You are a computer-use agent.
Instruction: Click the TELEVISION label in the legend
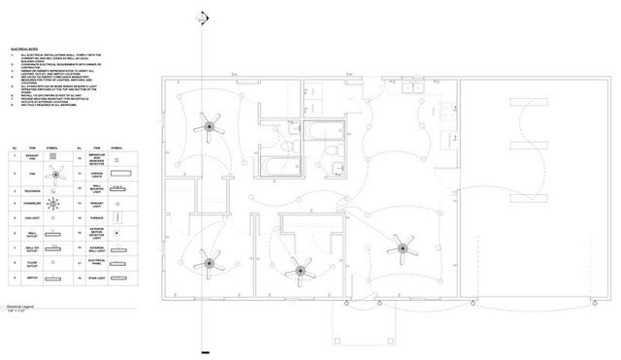34,189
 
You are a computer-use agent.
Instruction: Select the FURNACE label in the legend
98,219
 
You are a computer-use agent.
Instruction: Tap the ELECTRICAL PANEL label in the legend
98,262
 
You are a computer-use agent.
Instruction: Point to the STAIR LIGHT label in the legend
98,278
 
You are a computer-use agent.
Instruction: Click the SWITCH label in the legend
34,278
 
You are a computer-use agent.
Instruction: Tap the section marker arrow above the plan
203,17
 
